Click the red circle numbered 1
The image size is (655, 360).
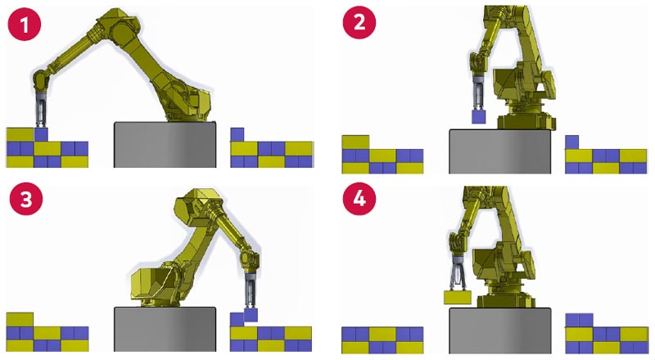(25, 25)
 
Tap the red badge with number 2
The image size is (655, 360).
(358, 25)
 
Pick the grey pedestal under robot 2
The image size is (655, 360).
(499, 151)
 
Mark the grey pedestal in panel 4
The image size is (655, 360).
(499, 331)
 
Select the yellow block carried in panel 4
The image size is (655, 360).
(457, 297)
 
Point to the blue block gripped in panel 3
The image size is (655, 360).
(251, 314)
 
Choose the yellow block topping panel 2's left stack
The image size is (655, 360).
(356, 142)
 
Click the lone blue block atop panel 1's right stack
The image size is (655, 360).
(237, 134)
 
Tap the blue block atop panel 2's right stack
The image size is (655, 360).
(572, 142)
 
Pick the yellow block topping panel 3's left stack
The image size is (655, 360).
(20, 319)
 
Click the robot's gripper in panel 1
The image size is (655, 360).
(41, 110)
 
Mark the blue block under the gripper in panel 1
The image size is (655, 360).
(41, 133)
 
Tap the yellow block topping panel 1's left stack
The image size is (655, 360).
(20, 133)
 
